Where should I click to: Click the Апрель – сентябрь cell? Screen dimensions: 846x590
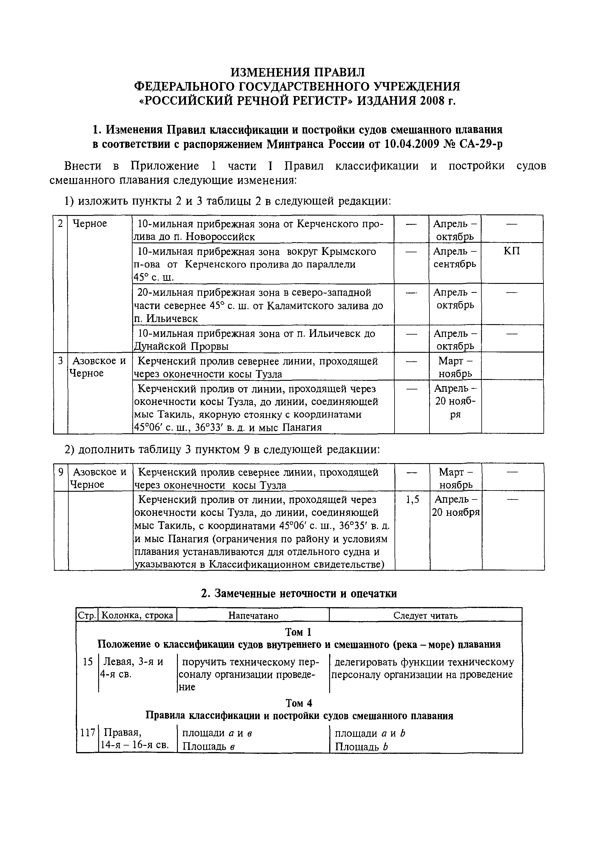coord(455,258)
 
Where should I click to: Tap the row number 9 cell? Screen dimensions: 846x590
coord(61,472)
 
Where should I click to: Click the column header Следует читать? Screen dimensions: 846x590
coord(425,615)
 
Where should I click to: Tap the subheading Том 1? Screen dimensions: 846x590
coord(298,632)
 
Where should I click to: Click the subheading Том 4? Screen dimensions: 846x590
coord(298,703)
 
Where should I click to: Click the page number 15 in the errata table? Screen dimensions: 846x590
coord(87,662)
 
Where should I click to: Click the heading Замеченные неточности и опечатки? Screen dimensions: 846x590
coord(299,594)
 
